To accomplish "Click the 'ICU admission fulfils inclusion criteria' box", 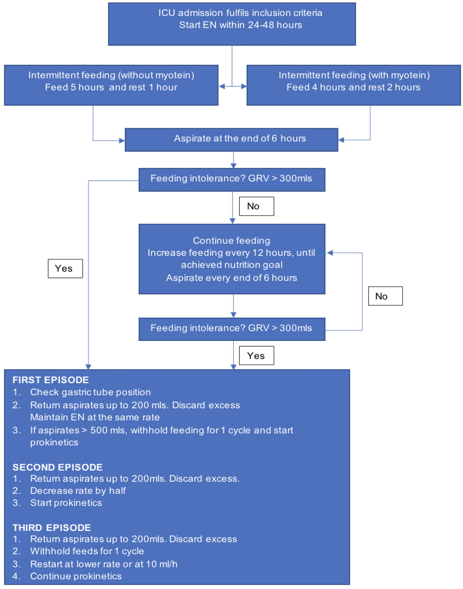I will (x=232, y=24).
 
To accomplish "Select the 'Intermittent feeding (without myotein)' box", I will (x=111, y=85).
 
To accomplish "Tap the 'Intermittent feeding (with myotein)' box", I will (x=354, y=85).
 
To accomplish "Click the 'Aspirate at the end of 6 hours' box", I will (x=231, y=140).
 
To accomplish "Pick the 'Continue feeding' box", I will (x=232, y=259).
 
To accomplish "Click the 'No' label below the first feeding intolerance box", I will (x=256, y=206).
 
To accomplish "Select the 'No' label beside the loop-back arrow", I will (x=385, y=296).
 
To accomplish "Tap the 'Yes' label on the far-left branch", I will (x=65, y=268).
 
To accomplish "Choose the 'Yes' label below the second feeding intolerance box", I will (x=256, y=355).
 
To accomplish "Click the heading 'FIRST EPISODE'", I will (x=51, y=380).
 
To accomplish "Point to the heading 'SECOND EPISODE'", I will (x=57, y=467).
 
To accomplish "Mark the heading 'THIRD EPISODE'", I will (x=51, y=528).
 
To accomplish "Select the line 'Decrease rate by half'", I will (x=78, y=490).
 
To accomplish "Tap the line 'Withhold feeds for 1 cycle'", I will (x=87, y=551).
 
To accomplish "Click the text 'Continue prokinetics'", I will (x=76, y=576).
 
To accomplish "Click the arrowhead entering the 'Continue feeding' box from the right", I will (x=330, y=253).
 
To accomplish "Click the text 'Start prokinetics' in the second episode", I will (x=66, y=503).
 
